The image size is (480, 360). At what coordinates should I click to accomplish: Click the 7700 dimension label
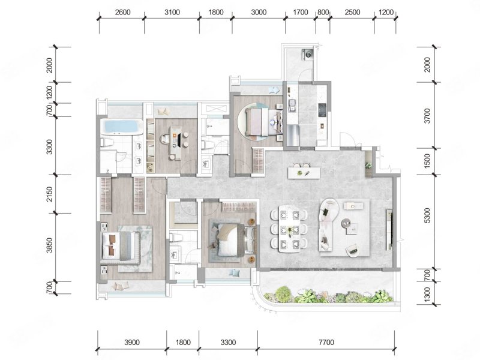coord(326,342)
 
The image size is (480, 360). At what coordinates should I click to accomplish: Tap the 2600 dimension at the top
coord(122,12)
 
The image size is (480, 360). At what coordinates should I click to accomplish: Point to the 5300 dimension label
coord(427,215)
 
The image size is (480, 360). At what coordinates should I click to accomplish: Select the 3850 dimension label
coord(49,245)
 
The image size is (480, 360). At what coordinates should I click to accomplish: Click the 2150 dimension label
coord(49,194)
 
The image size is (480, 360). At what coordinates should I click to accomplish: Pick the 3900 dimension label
coord(132,342)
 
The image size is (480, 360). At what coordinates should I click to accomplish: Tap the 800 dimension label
coord(323,12)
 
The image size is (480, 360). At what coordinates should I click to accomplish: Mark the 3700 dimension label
coord(427,116)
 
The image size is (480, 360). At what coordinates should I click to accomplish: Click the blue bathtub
coord(122,127)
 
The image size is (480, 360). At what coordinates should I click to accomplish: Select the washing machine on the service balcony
coord(307,53)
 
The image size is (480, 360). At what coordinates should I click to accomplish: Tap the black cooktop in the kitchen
coord(322,110)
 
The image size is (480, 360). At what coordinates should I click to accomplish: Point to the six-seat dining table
coord(289,229)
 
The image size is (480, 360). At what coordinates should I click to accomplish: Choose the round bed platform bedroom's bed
coord(264,122)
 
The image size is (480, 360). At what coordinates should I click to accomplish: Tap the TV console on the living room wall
coord(389,230)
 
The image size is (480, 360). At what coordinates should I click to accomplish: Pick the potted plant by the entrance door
coord(368,166)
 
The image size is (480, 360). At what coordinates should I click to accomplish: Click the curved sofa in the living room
coord(326,225)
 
